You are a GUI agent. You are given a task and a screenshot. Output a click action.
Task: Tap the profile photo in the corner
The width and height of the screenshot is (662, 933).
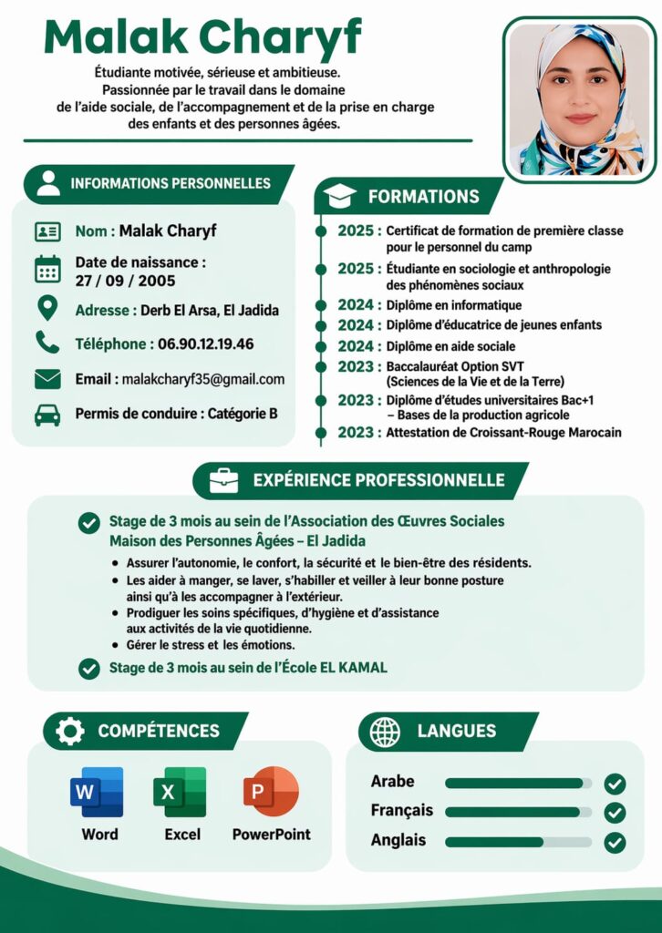click(x=578, y=99)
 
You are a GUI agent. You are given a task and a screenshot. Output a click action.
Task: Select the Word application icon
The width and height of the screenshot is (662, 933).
click(x=97, y=792)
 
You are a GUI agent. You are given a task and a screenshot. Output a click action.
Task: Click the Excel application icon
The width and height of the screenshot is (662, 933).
click(x=180, y=792)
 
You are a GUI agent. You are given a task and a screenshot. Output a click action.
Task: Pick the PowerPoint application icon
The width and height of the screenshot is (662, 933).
click(x=271, y=792)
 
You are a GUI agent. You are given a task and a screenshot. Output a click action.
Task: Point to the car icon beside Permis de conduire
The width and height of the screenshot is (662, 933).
click(x=47, y=415)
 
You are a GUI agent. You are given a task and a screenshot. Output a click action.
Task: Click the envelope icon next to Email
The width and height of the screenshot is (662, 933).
click(x=47, y=379)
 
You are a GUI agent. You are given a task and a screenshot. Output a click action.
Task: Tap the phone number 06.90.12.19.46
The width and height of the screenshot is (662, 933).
click(x=206, y=344)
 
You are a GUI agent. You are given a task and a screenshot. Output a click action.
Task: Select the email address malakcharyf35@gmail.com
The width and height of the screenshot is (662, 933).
click(x=203, y=379)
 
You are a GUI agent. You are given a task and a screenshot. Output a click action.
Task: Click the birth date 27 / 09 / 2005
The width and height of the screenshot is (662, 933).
click(x=125, y=281)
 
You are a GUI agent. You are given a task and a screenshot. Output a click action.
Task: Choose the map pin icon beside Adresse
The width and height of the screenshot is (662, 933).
click(x=47, y=309)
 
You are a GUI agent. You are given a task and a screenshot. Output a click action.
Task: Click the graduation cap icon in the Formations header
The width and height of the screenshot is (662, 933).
click(x=340, y=196)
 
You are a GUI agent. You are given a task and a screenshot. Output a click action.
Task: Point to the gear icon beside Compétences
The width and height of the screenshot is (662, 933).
click(x=69, y=731)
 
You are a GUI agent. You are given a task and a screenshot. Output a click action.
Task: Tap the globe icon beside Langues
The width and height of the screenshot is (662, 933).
click(x=385, y=731)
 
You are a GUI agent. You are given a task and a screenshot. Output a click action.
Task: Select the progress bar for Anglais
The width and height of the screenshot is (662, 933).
click(x=518, y=842)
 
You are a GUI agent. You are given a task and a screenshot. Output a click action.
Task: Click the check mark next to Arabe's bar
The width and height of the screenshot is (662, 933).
click(x=615, y=784)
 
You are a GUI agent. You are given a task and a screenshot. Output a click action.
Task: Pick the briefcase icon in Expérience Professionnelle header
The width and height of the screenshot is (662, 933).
click(x=223, y=480)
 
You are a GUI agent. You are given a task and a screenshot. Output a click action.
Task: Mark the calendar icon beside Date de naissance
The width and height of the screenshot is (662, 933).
click(x=47, y=270)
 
